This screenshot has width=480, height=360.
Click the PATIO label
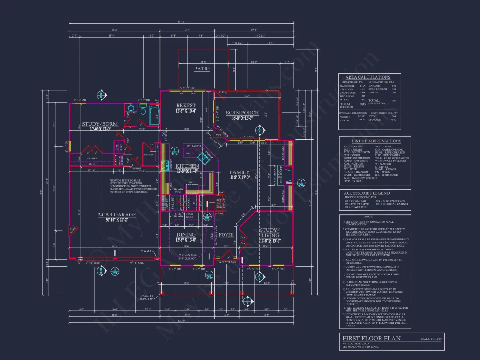pyautogui.click(x=202, y=69)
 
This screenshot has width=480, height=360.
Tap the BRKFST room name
pyautogui.click(x=185, y=106)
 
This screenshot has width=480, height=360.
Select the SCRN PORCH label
pyautogui.click(x=242, y=113)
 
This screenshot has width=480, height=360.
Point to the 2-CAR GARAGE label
pyautogui.click(x=117, y=215)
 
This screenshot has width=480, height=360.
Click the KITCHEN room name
pyautogui.click(x=187, y=166)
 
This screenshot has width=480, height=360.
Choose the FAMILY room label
pyautogui.click(x=240, y=172)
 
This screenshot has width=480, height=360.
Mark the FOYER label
pyautogui.click(x=226, y=235)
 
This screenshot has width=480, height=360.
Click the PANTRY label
pyautogui.click(x=149, y=154)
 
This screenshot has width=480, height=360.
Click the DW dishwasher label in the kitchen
pyautogui.click(x=188, y=154)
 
